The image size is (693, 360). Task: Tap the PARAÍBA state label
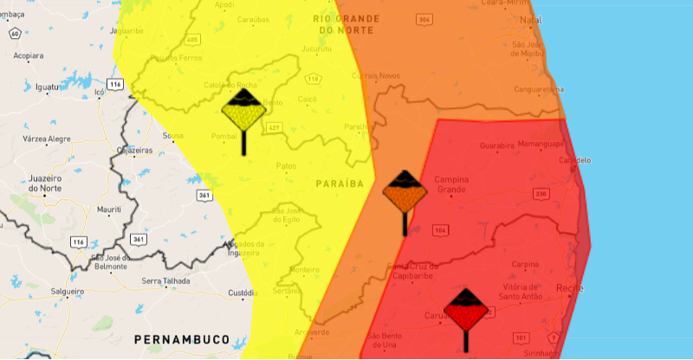339,184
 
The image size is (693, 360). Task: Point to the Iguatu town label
49,86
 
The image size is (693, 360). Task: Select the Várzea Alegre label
47,138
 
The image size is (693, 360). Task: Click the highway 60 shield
15,34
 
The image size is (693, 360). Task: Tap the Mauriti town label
109,210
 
